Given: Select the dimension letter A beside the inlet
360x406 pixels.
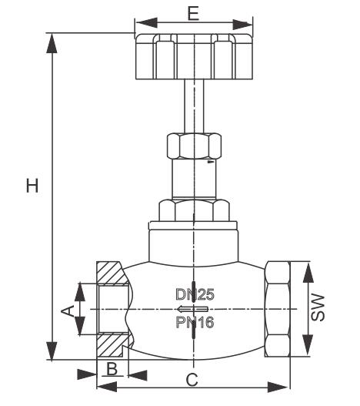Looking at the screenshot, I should click(x=67, y=310).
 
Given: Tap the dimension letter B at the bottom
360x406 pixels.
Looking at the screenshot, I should click(x=112, y=368).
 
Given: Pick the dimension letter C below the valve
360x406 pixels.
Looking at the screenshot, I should click(x=193, y=379).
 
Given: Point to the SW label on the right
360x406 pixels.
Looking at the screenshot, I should click(x=319, y=307).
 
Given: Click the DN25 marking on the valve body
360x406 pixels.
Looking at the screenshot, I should click(x=194, y=294).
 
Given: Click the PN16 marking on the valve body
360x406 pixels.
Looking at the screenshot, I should click(x=194, y=323).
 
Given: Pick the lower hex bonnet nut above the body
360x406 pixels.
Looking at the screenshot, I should click(x=193, y=209).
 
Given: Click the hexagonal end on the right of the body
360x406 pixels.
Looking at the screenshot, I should click(x=277, y=310).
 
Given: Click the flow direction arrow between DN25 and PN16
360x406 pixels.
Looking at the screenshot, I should click(x=193, y=308).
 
